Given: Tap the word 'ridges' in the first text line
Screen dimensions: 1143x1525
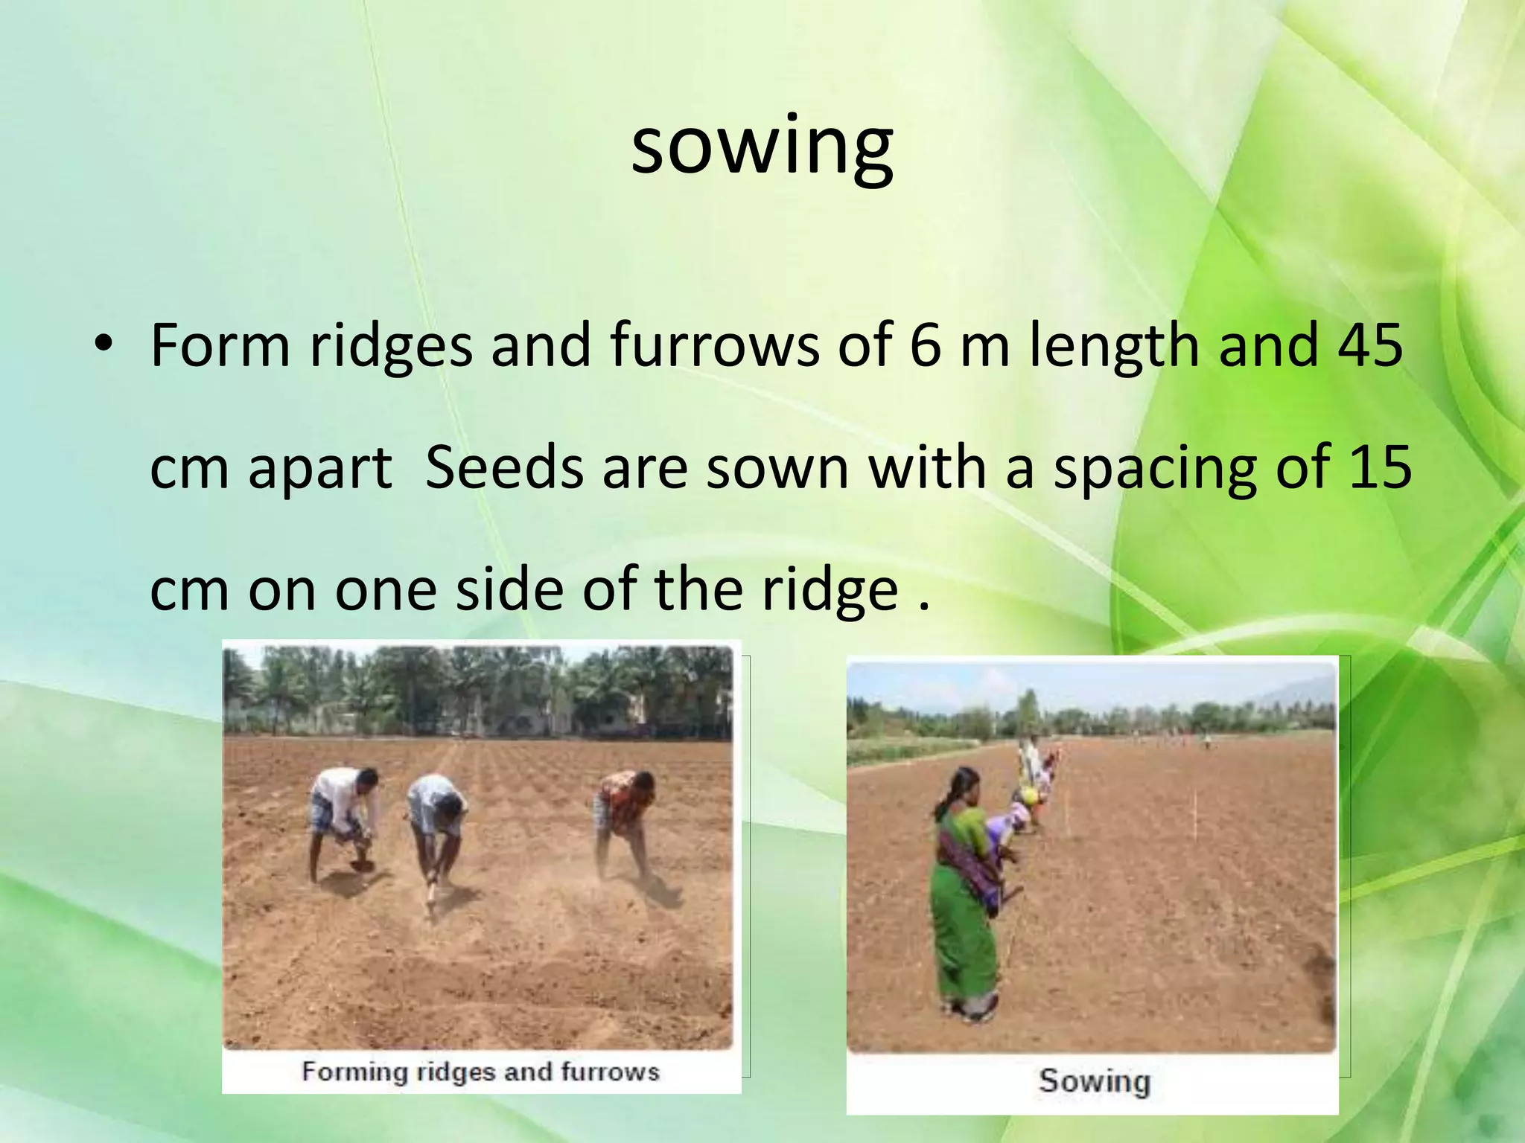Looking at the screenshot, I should (x=391, y=346).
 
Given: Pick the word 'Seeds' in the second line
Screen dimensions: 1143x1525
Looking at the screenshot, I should (x=504, y=467).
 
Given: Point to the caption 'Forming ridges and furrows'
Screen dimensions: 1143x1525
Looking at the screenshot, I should (x=480, y=1072).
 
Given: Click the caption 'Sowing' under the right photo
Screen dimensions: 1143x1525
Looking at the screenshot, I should (x=1094, y=1081).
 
